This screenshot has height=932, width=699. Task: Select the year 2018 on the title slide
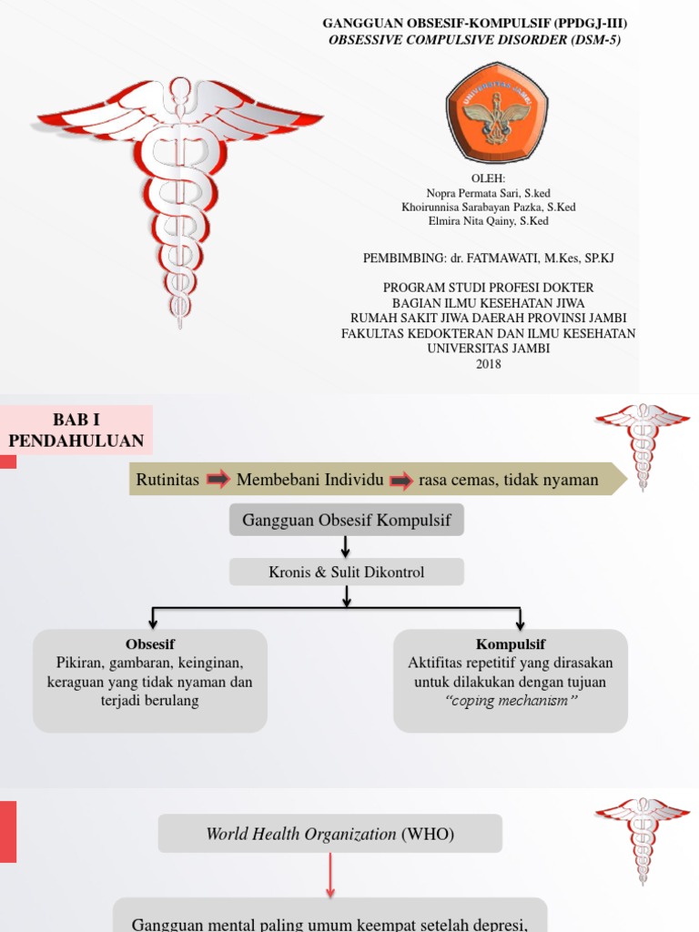488,364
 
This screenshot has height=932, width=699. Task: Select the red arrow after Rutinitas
218,480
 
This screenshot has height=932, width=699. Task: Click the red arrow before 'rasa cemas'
401,480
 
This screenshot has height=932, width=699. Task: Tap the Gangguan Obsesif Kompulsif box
346,520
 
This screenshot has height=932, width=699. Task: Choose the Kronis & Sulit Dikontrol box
346,572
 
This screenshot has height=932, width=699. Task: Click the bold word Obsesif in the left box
150,644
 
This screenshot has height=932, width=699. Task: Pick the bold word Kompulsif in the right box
511,644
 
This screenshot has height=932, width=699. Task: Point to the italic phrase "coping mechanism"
511,700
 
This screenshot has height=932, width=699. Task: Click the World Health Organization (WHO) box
329,834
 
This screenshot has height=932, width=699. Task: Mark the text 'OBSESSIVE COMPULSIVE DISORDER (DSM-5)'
475,40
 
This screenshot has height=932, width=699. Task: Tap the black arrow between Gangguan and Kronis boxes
346,546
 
